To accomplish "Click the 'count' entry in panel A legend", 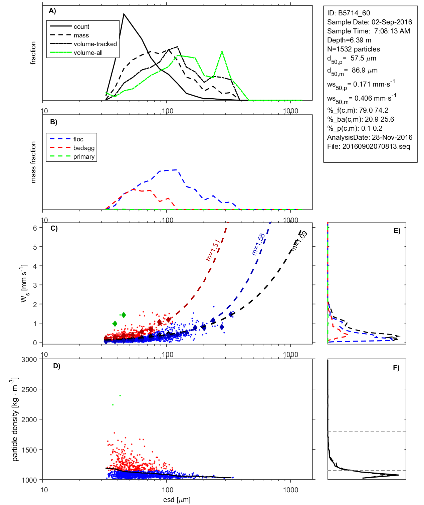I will (x=81, y=27).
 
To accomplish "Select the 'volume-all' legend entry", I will (x=88, y=53).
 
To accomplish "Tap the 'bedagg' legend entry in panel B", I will (x=84, y=148).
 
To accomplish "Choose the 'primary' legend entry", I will (x=84, y=157).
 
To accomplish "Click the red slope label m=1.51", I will (x=213, y=250).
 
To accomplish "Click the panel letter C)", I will (x=54, y=229).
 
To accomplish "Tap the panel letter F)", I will (x=396, y=368).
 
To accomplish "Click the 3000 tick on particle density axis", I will (x=29, y=360).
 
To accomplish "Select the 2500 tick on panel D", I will (x=29, y=390).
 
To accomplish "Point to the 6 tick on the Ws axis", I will (x=35, y=228).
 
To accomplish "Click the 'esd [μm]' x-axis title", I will (x=177, y=500).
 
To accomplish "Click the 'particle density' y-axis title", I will (x=15, y=419).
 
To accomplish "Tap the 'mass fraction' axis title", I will (x=33, y=162).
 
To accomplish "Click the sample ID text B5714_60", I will (x=354, y=13).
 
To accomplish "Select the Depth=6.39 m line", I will (x=349, y=40).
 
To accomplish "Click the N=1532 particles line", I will (x=353, y=49).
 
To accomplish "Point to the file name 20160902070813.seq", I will (x=376, y=146).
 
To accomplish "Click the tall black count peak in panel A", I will (x=124, y=14).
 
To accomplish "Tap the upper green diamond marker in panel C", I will (x=124, y=315).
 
